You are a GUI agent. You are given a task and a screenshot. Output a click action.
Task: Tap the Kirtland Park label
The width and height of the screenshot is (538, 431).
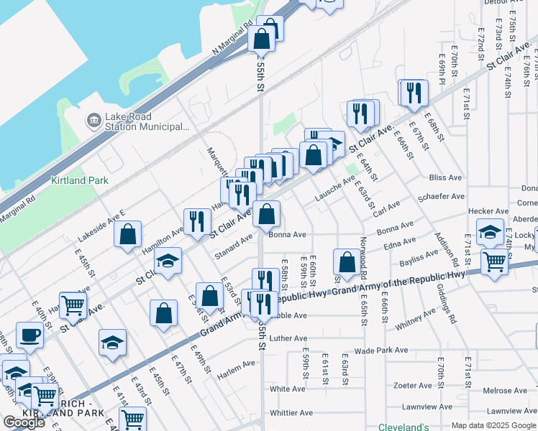79,180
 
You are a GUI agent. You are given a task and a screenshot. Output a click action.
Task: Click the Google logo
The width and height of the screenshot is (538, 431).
24,422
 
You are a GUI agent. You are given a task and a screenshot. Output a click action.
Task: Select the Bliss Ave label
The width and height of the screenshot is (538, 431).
445,177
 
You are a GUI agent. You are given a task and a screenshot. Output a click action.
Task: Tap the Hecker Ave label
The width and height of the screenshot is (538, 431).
483,211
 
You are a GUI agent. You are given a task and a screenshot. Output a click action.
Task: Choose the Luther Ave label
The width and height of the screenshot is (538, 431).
288,338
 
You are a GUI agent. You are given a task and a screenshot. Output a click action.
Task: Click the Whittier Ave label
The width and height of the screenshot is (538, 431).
291,413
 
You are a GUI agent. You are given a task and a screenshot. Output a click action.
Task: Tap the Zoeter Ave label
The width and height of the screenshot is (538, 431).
412,385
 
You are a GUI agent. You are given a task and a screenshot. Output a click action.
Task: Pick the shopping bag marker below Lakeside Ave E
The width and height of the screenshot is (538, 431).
127,234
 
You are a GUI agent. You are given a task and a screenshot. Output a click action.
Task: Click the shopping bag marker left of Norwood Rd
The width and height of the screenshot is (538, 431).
347,262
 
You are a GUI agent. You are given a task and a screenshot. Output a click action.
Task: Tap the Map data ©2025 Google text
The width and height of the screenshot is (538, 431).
493,425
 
